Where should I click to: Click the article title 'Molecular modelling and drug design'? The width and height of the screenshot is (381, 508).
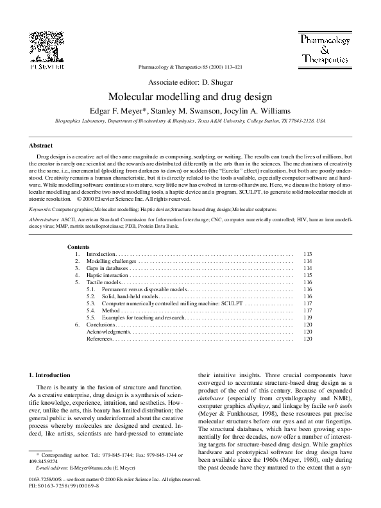click(x=190, y=96)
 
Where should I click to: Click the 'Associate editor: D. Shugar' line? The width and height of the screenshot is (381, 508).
click(x=190, y=83)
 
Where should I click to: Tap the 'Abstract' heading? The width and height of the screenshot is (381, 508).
click(x=42, y=146)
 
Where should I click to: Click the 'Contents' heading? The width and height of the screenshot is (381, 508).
click(x=78, y=247)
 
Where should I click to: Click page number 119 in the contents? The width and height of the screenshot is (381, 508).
click(x=307, y=317)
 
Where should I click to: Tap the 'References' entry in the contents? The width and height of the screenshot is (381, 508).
click(x=99, y=339)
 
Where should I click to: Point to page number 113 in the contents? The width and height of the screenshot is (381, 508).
click(x=307, y=254)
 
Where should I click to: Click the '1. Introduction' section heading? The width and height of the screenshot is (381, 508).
click(x=52, y=375)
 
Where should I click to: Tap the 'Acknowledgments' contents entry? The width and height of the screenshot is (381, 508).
click(x=108, y=332)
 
